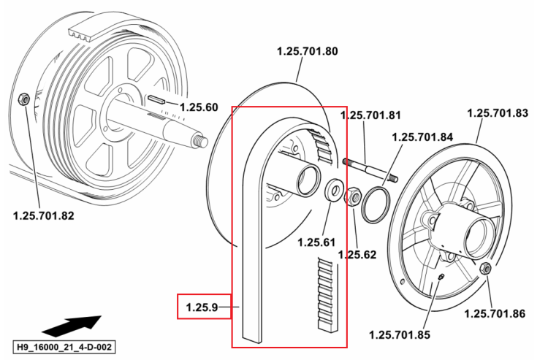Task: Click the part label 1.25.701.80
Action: click(307, 51)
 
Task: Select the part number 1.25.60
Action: click(199, 107)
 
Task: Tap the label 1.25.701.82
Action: click(43, 216)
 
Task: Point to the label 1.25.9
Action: click(202, 307)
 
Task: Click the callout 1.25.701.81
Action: click(370, 115)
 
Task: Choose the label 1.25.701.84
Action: click(422, 137)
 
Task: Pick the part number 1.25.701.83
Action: click(498, 113)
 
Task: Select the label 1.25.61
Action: click(316, 242)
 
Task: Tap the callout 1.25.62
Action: click(357, 255)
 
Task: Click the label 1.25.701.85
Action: click(400, 335)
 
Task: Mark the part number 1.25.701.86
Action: click(495, 313)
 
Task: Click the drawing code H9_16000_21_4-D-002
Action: click(64, 347)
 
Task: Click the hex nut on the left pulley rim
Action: click(23, 99)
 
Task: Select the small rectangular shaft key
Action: click(156, 99)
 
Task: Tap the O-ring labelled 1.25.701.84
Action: click(376, 205)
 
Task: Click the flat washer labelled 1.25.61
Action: click(335, 190)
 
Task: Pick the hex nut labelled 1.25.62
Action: click(353, 196)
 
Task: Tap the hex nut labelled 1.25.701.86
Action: click(485, 268)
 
